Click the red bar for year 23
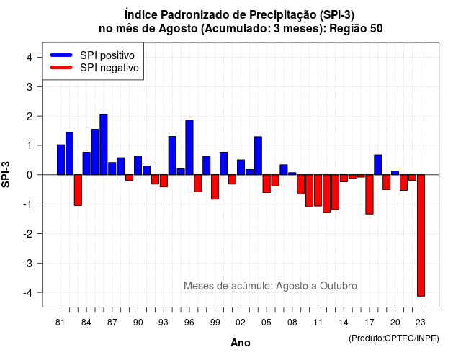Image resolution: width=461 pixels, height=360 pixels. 421,235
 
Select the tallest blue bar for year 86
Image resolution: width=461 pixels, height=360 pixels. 104,145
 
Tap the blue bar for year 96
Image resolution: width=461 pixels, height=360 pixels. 189,147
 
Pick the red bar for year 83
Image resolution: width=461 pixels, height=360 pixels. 78,190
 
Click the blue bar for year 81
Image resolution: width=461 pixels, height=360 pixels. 61,160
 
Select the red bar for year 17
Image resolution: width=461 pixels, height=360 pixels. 370,194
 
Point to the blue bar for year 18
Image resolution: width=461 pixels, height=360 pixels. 378,165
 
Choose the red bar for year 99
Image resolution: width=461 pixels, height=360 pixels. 215,187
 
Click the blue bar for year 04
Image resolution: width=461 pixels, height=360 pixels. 258,156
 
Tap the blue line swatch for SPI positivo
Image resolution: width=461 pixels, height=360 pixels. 61,55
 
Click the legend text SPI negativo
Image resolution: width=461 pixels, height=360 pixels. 109,68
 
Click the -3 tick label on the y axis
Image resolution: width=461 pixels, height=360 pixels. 28,264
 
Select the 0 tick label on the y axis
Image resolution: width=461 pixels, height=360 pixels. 29,175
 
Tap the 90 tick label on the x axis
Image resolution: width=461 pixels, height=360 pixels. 138,323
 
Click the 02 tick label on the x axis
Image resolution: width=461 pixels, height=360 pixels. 241,323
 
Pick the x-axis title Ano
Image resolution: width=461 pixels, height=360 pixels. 241,343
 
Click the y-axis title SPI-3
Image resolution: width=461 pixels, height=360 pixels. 6,174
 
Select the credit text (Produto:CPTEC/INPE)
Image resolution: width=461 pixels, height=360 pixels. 394,338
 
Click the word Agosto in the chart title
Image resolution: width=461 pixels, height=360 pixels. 178,29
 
